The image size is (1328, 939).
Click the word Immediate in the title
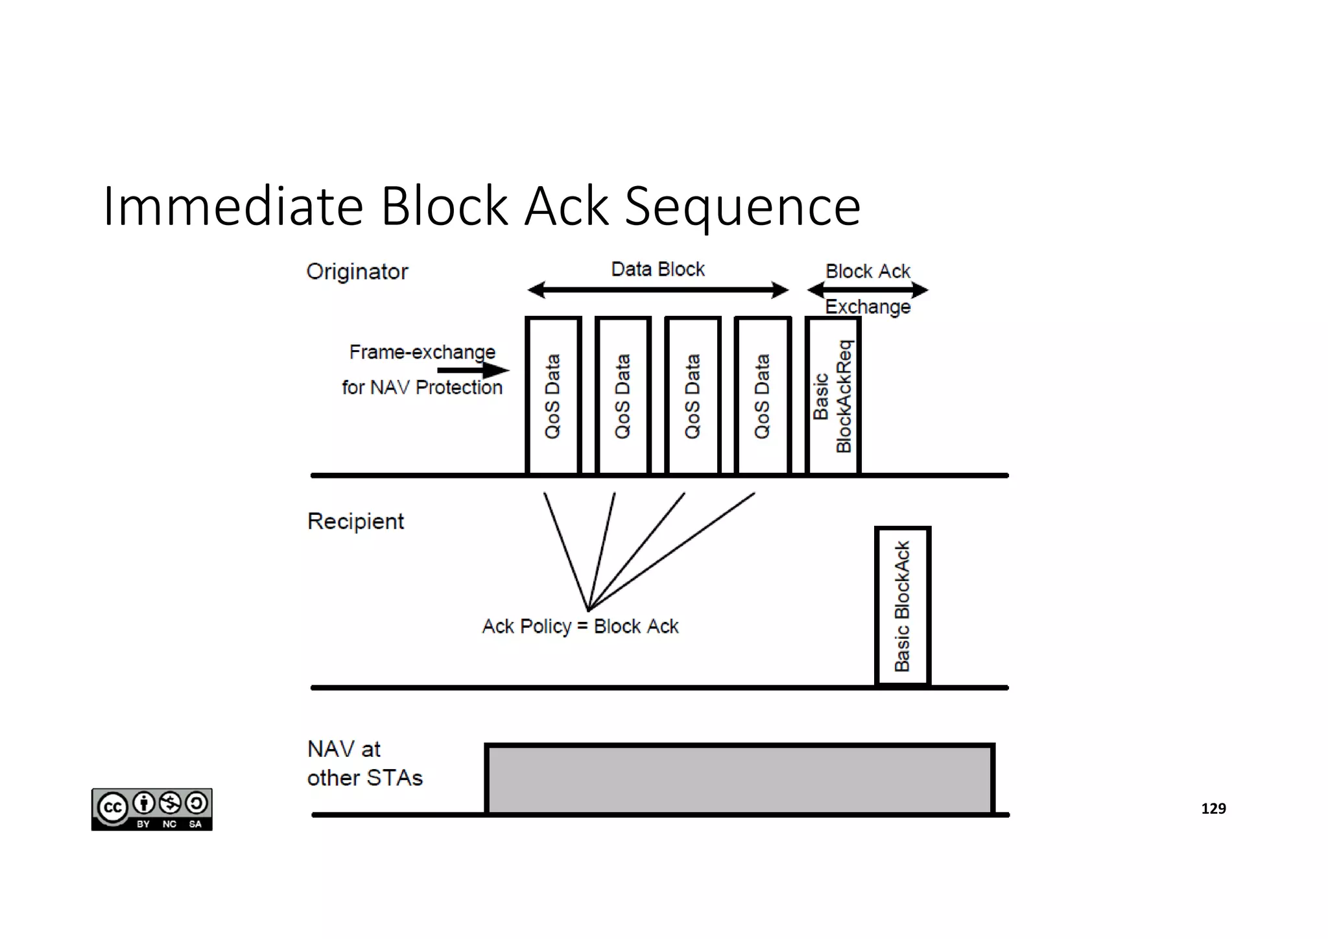coord(232,206)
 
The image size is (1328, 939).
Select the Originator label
coord(357,272)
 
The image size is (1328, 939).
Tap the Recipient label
coord(355,521)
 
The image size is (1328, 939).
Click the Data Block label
coord(658,269)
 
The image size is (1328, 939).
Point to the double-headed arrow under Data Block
coord(658,290)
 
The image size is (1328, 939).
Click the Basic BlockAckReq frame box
coord(833,396)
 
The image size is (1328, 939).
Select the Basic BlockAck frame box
coord(903,606)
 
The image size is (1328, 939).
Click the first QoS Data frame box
coord(552,396)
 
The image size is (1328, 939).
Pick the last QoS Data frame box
coord(763,396)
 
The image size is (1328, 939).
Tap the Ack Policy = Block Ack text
coord(580,626)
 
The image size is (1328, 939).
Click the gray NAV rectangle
coord(739,779)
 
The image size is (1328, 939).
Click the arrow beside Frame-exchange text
coord(473,370)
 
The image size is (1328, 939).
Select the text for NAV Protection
coord(422,388)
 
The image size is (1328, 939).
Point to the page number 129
coord(1213,809)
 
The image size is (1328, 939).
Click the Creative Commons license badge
coord(152,809)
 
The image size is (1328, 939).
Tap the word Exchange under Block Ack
coord(868,307)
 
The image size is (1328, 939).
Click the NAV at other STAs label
coord(364,763)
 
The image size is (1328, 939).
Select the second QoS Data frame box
coord(622,396)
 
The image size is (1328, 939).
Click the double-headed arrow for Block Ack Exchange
coord(868,290)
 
